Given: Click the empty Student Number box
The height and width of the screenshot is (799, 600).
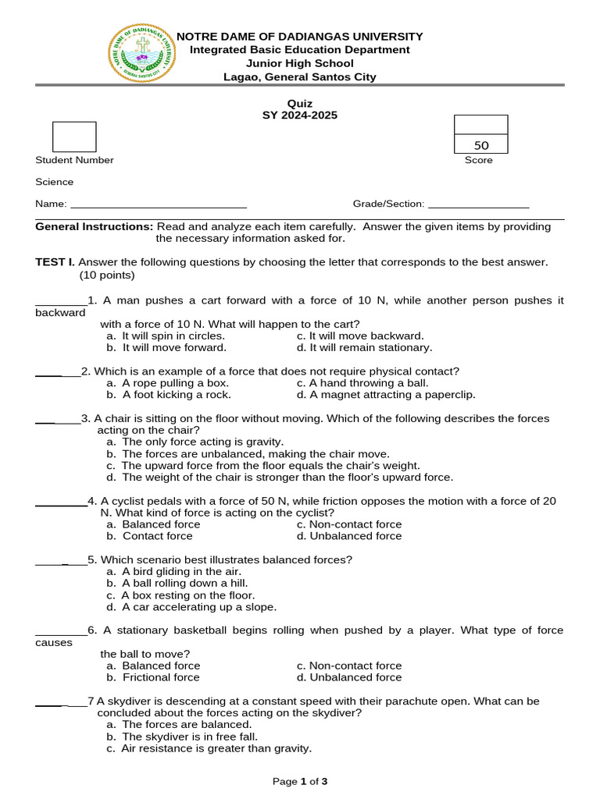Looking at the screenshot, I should pos(74,137).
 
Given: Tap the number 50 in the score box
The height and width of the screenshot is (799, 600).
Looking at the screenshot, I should pos(481,145).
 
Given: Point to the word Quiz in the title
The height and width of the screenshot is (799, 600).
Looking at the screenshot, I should pos(300,104).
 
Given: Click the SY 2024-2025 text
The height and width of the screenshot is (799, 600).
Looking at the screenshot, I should pos(300,115).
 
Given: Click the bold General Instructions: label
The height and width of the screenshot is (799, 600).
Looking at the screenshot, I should pos(95,226).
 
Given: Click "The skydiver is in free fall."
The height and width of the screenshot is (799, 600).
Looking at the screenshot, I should pos(190,736).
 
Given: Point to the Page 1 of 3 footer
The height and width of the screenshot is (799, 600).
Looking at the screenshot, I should pos(300,781).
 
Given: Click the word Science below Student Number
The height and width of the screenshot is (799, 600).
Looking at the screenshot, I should pos(55,182).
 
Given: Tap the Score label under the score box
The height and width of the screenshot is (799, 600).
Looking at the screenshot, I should pos(479,160).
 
